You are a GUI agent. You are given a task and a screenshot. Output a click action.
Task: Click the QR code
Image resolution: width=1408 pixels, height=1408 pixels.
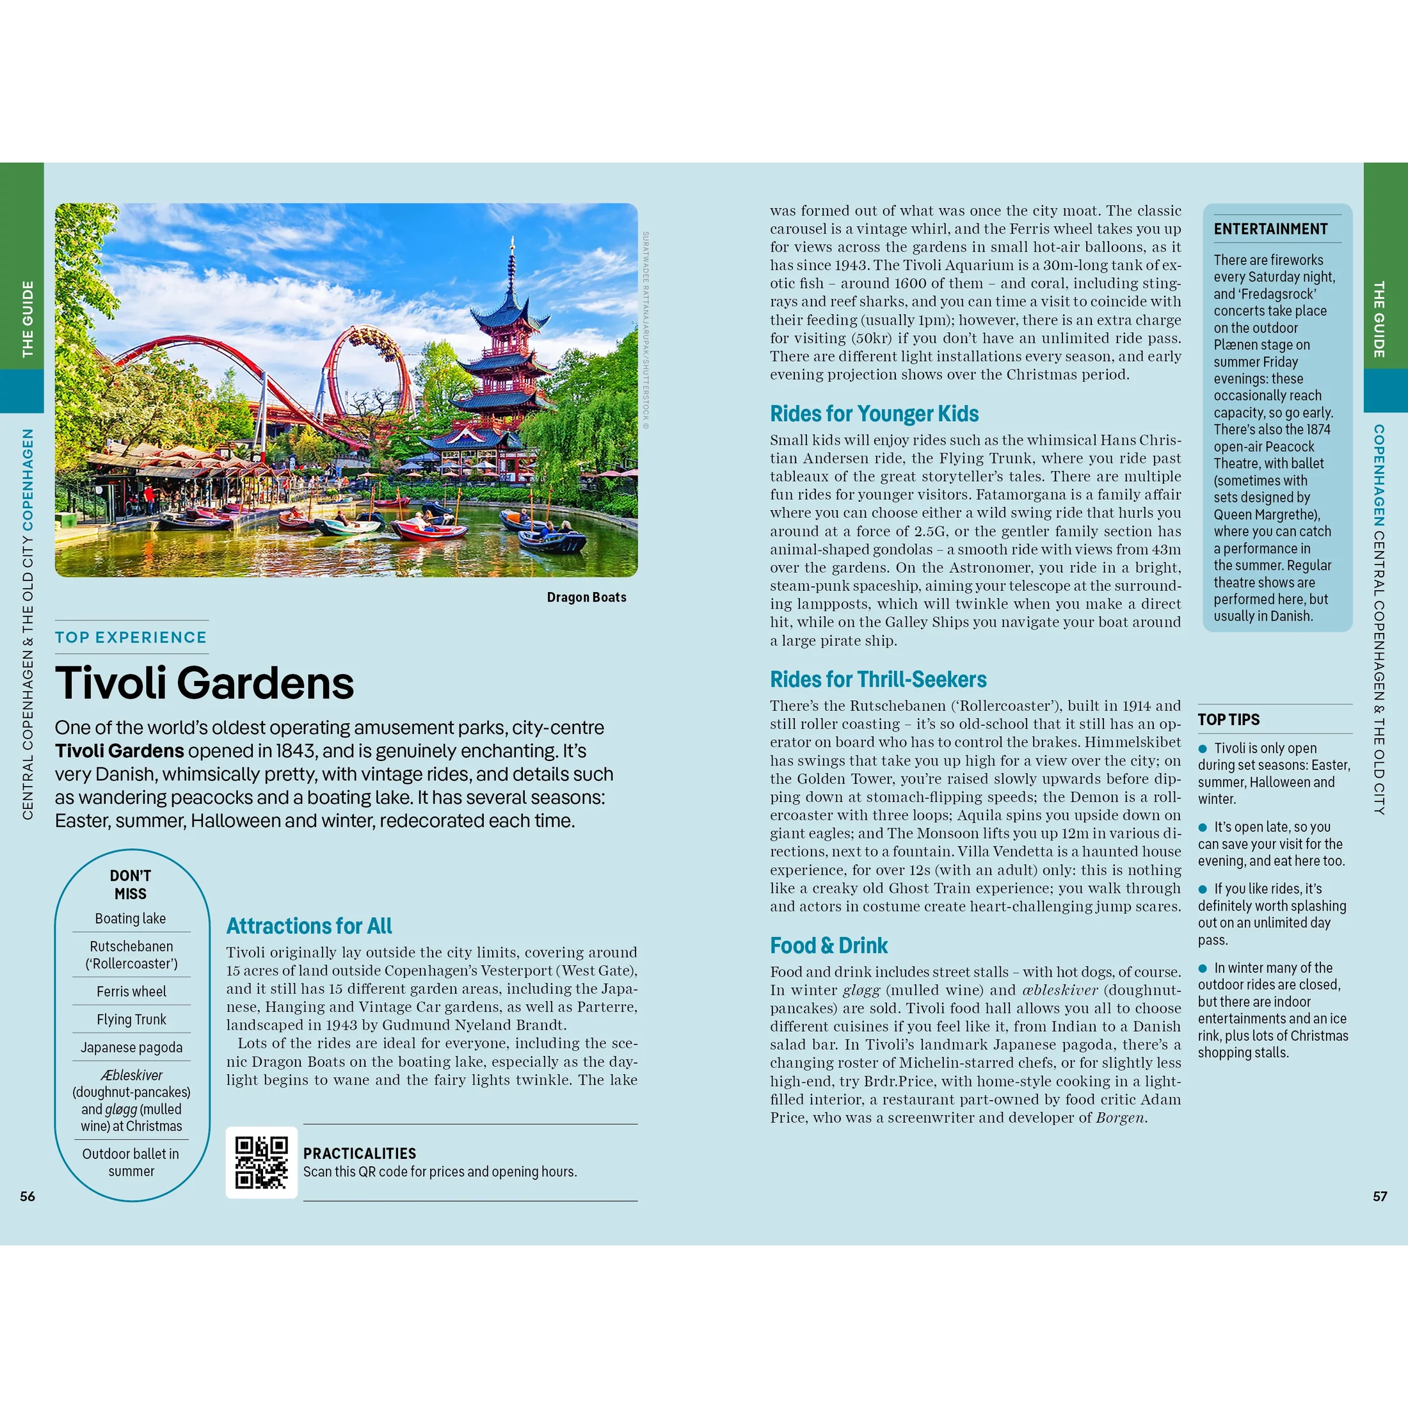coord(261,1162)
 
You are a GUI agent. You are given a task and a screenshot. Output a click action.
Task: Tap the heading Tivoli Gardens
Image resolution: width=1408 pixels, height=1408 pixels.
coord(204,683)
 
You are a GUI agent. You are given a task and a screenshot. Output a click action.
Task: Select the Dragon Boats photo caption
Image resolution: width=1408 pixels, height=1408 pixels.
coord(586,598)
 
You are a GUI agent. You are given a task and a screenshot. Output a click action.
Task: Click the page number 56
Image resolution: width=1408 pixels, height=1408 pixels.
coord(28,1197)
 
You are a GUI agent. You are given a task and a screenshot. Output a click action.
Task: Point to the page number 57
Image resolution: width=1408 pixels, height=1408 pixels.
coord(1380,1197)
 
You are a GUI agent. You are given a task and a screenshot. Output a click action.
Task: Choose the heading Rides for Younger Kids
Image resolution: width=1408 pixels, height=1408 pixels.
coord(874,414)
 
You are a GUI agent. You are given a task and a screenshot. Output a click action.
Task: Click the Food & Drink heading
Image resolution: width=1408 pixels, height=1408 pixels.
coord(829,946)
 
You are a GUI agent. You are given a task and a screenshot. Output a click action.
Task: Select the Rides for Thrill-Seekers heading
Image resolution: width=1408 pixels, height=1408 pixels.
coord(878,680)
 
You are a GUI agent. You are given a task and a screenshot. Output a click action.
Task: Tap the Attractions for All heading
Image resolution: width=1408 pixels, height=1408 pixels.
coord(309,926)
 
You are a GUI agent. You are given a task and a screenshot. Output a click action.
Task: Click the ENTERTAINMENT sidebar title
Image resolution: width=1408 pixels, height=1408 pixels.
coord(1270,229)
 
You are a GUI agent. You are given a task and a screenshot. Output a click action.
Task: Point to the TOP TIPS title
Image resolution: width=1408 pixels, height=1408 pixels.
coord(1229,720)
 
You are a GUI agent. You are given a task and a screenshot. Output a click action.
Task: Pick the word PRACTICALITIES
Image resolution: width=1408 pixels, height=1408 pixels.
coord(359,1154)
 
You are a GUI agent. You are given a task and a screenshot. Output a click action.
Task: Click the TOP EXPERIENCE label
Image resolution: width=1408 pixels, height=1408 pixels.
coord(131,637)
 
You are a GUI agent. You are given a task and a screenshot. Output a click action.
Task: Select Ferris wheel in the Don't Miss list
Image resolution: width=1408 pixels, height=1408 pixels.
coord(131,992)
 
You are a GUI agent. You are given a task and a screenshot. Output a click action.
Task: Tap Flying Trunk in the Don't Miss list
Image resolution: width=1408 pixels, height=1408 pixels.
coord(131,1020)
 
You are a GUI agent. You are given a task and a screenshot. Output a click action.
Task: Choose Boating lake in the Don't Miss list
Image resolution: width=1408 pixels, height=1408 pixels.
coord(131,919)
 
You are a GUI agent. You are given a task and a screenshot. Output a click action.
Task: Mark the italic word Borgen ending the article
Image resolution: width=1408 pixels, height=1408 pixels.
coord(1120,1118)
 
